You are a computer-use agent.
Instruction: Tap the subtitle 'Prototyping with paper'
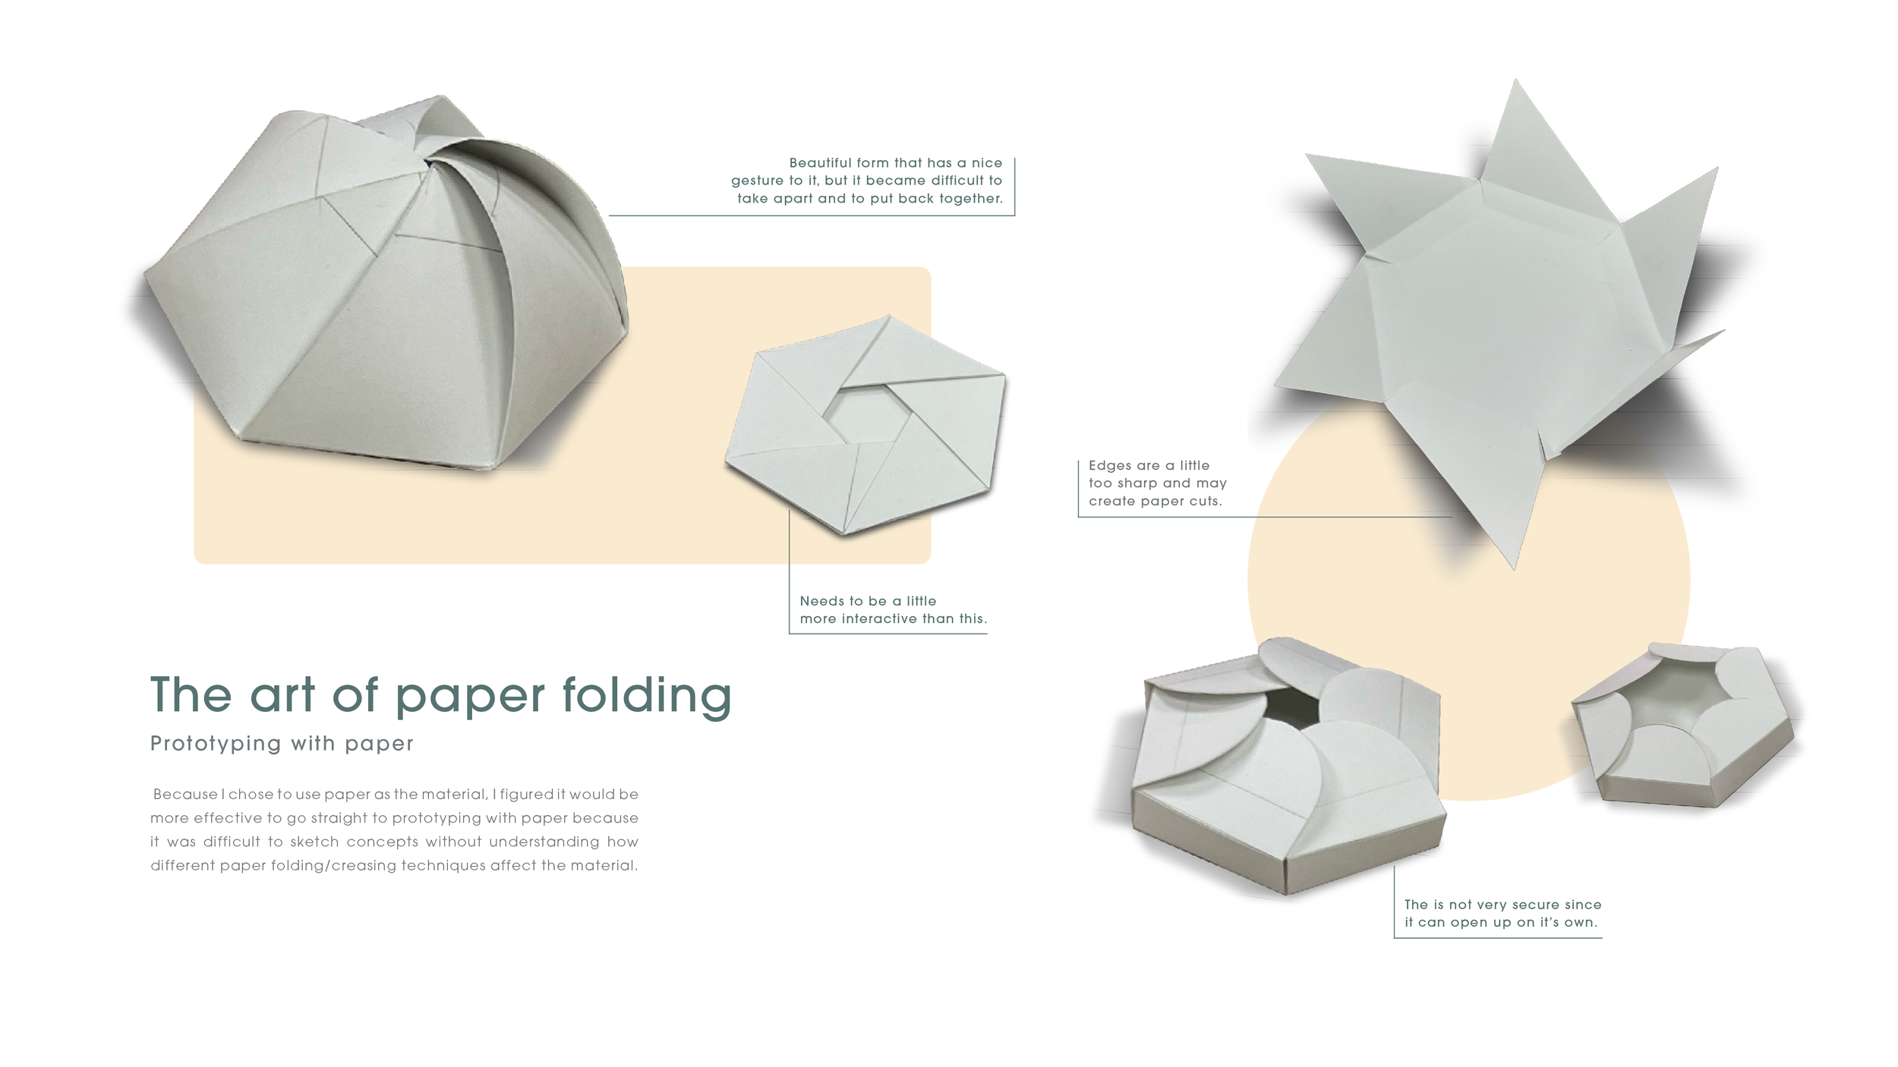(282, 744)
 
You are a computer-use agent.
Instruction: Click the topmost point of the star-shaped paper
(1516, 83)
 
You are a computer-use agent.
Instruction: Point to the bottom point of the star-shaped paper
(1514, 565)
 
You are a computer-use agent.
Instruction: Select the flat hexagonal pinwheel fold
(865, 425)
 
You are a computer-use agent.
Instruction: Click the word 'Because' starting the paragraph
(185, 795)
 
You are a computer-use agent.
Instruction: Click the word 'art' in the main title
(282, 696)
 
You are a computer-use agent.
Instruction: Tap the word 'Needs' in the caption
(821, 601)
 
